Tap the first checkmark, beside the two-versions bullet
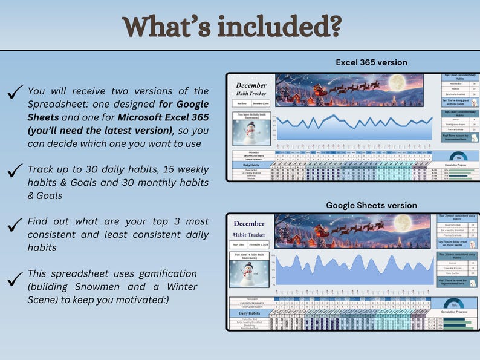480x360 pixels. pyautogui.click(x=15, y=94)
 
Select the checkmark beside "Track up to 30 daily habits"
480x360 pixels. pyautogui.click(x=15, y=171)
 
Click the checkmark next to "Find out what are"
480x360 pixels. pyautogui.click(x=15, y=224)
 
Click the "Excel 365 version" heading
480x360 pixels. pyautogui.click(x=371, y=62)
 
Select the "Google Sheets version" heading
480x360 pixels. pyautogui.click(x=371, y=205)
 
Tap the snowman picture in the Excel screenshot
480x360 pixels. pyautogui.click(x=250, y=133)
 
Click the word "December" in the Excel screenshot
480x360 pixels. pyautogui.click(x=251, y=86)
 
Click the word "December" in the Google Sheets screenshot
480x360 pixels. pyautogui.click(x=251, y=224)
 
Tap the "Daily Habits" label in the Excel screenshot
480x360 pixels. pyautogui.click(x=250, y=165)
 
